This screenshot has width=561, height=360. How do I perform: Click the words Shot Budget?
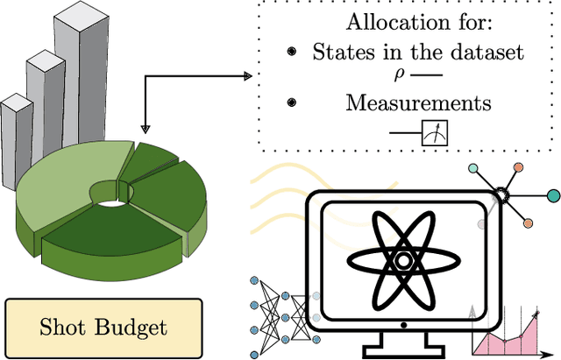point(103,328)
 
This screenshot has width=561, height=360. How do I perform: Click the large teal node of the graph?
point(553,194)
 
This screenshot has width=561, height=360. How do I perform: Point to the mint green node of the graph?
point(474,168)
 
